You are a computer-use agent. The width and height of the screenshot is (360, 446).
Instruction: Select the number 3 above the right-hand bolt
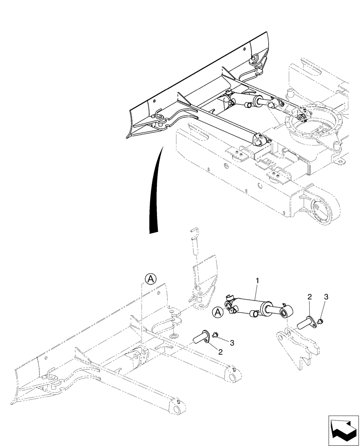point(326,296)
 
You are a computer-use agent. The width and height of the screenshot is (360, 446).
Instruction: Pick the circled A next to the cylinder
point(217,312)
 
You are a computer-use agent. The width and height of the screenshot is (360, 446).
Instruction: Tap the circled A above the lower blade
point(151,279)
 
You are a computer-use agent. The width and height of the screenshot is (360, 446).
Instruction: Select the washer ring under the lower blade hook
point(174,334)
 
